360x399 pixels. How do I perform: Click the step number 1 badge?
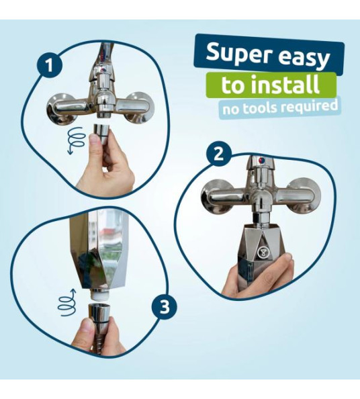point(49,65)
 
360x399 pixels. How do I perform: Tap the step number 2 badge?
point(219,154)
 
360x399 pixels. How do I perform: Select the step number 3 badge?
point(165,307)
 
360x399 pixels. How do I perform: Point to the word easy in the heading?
point(304,58)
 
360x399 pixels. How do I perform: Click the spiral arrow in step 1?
point(77,140)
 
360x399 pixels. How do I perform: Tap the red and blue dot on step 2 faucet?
point(261,161)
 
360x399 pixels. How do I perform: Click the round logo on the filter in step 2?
point(262,252)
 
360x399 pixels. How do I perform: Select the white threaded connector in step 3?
point(99,296)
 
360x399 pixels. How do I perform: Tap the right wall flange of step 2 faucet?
point(305,195)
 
